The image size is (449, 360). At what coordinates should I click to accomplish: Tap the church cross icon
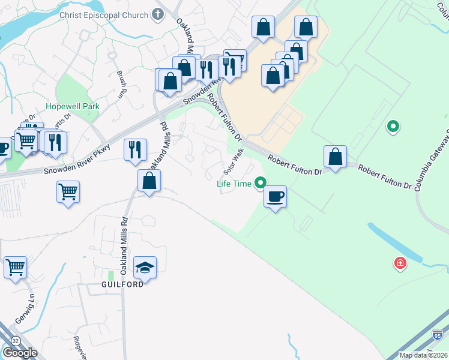pyautogui.click(x=158, y=13)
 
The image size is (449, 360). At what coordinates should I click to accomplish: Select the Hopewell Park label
pyautogui.click(x=72, y=107)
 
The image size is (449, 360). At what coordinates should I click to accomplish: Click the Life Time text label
pyautogui.click(x=234, y=184)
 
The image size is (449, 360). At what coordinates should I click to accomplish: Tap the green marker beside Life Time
pyautogui.click(x=260, y=183)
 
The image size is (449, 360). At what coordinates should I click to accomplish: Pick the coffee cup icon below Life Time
pyautogui.click(x=275, y=197)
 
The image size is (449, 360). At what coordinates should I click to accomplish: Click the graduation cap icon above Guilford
pyautogui.click(x=145, y=267)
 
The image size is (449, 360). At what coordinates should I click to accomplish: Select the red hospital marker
pyautogui.click(x=399, y=263)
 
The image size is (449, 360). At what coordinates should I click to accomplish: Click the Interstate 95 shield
pyautogui.click(x=438, y=334)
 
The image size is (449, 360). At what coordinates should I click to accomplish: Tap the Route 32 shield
pyautogui.click(x=15, y=340)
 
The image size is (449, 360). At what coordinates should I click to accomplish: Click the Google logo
pyautogui.click(x=20, y=353)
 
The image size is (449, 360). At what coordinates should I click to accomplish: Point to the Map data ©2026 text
pyautogui.click(x=423, y=355)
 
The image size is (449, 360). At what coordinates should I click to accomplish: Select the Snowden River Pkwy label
pyautogui.click(x=77, y=160)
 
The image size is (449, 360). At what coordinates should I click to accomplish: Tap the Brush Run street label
pyautogui.click(x=122, y=83)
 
